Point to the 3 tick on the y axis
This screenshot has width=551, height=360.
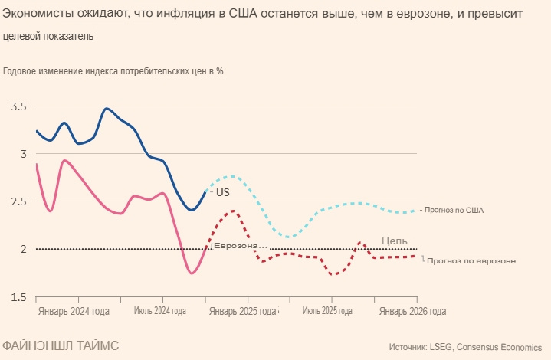(x=21, y=154)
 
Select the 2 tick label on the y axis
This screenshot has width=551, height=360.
(x=21, y=249)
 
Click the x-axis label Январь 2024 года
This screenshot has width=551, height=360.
(x=74, y=312)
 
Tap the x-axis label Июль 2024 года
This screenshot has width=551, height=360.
(x=160, y=312)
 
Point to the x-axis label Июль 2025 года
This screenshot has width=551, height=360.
(x=327, y=312)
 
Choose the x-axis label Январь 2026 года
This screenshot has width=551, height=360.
(x=412, y=312)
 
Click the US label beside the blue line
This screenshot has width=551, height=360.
(x=222, y=192)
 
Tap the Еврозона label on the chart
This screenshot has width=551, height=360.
(x=241, y=245)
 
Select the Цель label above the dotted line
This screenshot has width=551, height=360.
(x=395, y=241)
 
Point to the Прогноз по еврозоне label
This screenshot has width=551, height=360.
(x=471, y=260)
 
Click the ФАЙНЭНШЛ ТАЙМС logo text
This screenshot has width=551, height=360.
(x=60, y=345)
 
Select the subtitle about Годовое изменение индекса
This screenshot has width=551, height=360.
(x=113, y=71)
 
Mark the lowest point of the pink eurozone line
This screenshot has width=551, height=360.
(x=192, y=273)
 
